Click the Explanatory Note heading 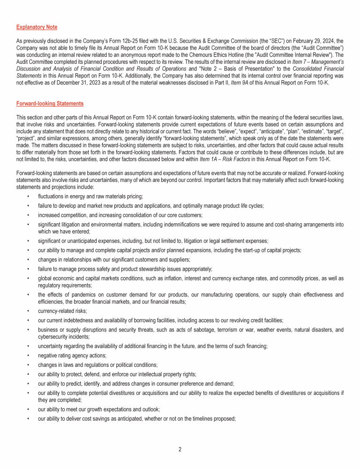coord(37,27)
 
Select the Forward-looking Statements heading coord(50,103)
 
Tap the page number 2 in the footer coord(180,449)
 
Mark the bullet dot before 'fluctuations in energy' coord(29,196)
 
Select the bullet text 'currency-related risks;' coord(61,310)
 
